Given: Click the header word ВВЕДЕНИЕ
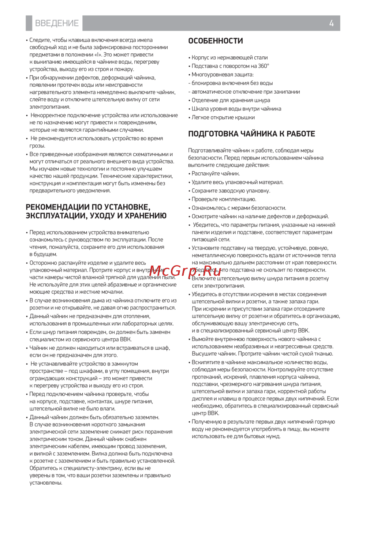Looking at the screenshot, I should (57, 23).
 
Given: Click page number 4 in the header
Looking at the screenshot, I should (331, 23).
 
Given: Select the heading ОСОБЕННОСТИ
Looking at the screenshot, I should (216, 41).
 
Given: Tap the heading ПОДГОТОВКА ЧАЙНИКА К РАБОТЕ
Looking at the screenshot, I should (251, 134).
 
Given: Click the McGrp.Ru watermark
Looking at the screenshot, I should (185, 271).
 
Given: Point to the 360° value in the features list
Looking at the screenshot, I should (263, 66).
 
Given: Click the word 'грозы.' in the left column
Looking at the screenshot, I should (37, 146).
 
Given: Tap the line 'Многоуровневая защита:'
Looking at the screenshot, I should (223, 75).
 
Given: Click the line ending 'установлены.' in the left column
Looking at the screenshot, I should (46, 483).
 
